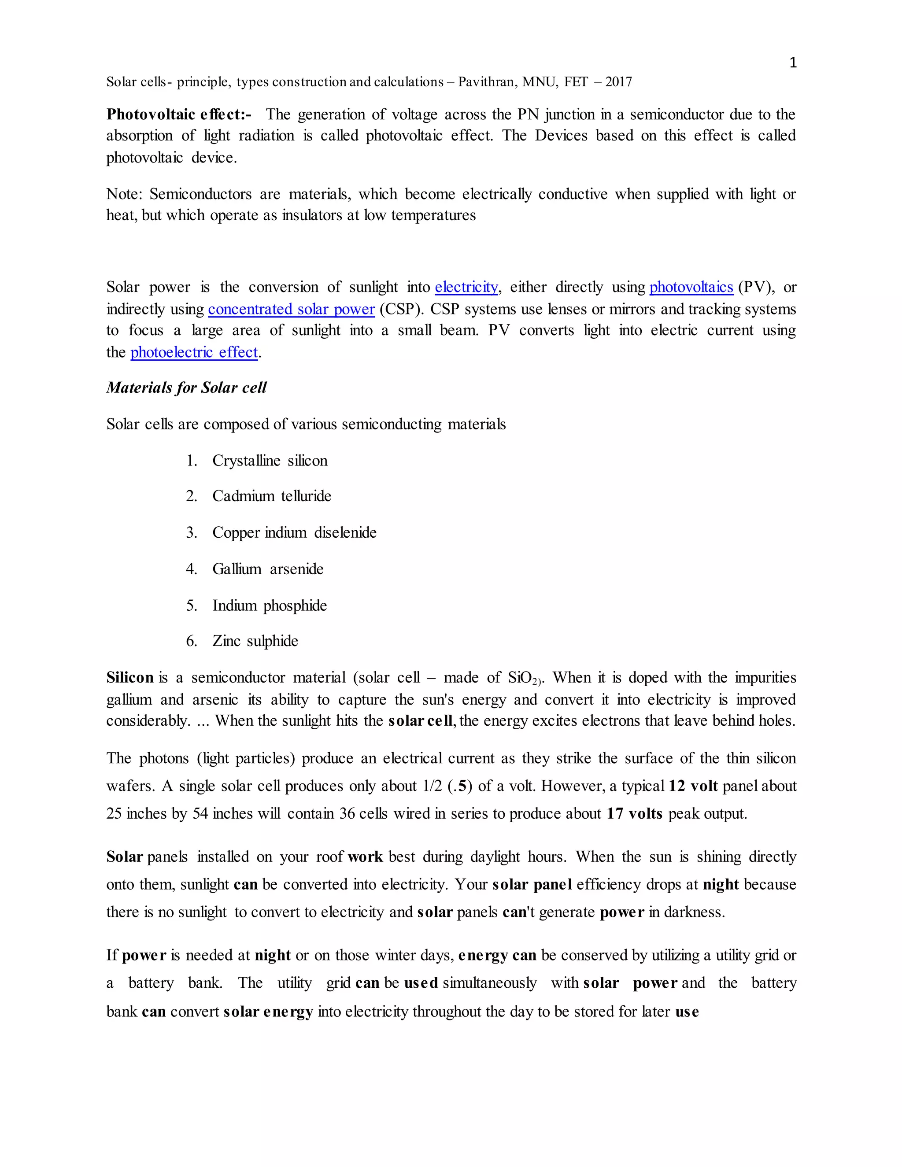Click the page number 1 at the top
tap(793, 63)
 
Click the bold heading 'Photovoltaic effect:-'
tap(178, 114)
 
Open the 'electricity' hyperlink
tap(466, 287)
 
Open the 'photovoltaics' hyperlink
tap(691, 287)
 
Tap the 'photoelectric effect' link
tap(194, 352)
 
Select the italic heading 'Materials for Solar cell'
tap(186, 388)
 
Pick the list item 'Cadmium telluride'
tap(271, 496)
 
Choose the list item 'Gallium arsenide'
tap(268, 569)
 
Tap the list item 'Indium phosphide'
tap(269, 606)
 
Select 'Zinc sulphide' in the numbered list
tap(255, 641)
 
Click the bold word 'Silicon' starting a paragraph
tap(130, 678)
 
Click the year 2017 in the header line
tap(618, 82)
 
